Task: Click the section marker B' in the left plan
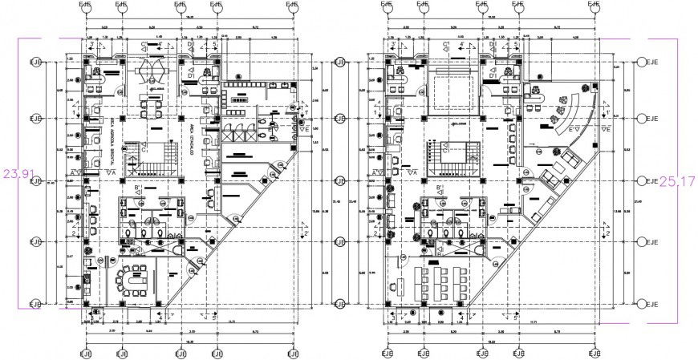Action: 137,189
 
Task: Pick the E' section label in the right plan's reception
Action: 571,127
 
